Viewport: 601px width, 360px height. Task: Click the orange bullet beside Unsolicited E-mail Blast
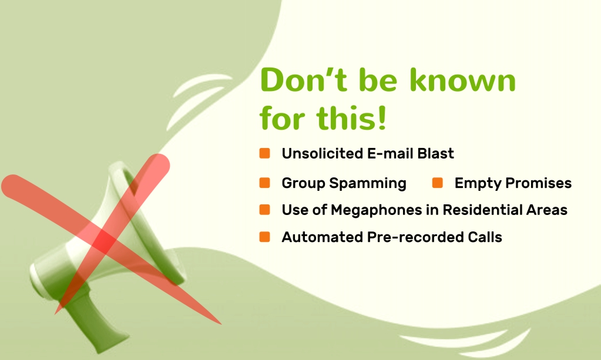coord(264,153)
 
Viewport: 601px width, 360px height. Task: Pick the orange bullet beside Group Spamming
coord(264,183)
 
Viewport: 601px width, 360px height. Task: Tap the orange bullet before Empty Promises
coord(437,183)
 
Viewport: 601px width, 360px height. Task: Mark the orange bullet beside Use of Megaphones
coord(264,210)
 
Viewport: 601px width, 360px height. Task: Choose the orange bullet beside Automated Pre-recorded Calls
coord(264,237)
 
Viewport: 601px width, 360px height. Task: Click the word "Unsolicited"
coord(322,153)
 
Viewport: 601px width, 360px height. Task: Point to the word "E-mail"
coord(390,153)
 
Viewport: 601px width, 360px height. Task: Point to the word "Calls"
coord(485,237)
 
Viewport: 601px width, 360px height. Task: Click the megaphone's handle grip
coord(93,322)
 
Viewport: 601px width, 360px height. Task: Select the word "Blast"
coord(435,153)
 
